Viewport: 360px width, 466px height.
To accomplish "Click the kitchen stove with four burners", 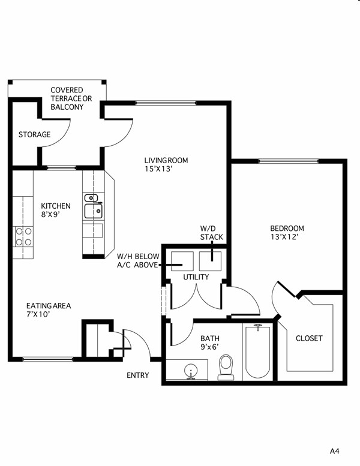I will point(23,236).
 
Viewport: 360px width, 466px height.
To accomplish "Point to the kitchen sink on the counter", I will point(92,210).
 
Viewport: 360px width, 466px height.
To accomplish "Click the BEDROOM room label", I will point(287,228).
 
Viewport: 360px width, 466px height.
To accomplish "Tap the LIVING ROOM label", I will point(166,160).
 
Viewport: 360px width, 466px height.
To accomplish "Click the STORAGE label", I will point(34,134).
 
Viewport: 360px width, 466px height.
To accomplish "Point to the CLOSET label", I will point(309,338).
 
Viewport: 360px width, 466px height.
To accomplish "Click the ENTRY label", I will point(138,375).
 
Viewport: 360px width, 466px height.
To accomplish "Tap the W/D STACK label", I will point(211,233).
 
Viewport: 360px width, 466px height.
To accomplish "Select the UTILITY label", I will point(196,277).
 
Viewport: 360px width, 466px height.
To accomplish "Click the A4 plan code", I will point(334,450).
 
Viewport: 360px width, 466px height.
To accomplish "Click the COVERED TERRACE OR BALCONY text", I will point(67,98).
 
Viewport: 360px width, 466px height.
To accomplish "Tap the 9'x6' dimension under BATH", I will point(211,347).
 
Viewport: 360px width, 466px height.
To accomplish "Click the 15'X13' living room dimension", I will point(158,169).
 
